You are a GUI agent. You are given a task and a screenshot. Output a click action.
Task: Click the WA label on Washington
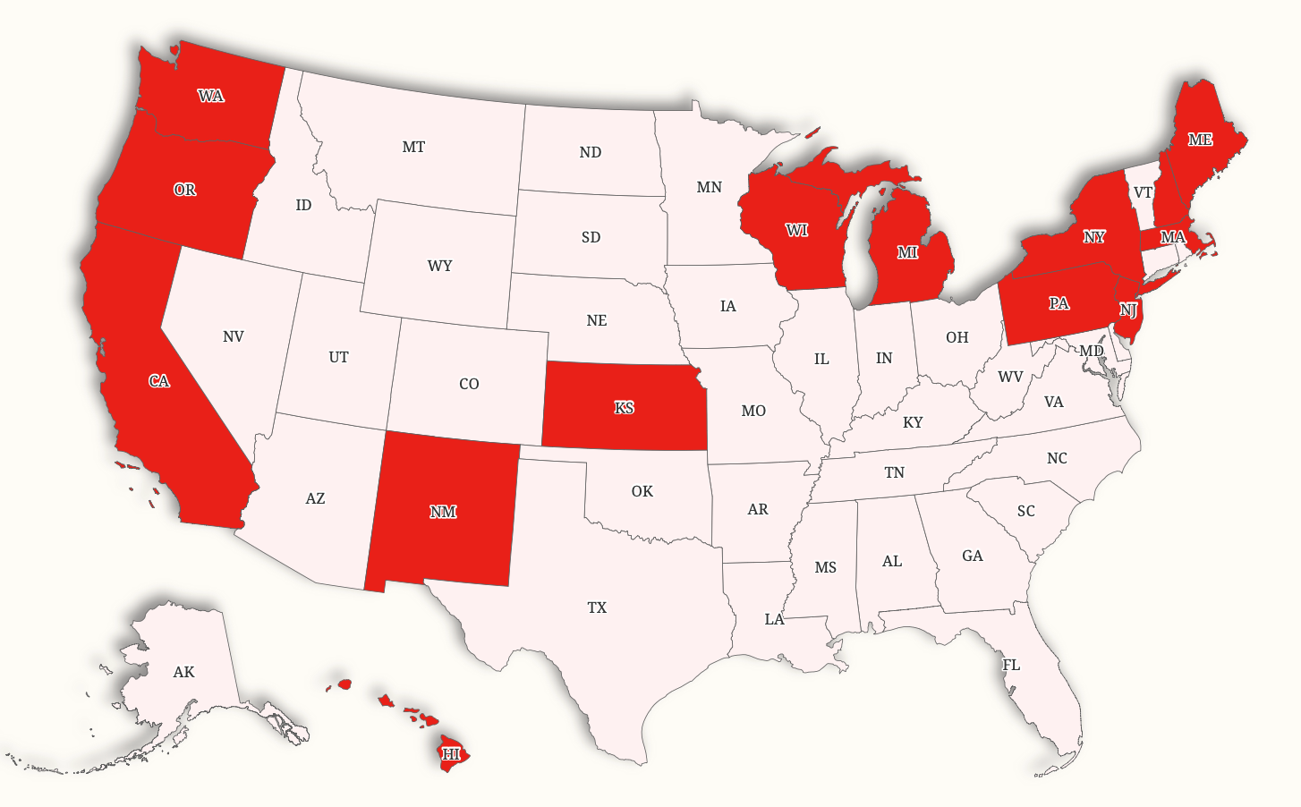[x=211, y=96]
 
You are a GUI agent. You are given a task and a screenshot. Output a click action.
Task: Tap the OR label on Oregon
[x=185, y=190]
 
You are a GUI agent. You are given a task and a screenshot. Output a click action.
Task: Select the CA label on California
[x=159, y=381]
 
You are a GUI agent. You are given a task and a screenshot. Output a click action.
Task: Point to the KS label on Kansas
[x=625, y=408]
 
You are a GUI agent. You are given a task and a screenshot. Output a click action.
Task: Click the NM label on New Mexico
[x=443, y=512]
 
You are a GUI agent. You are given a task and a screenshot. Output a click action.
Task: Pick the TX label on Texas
[x=597, y=607]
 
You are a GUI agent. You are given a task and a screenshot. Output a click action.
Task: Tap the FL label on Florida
[x=1011, y=665]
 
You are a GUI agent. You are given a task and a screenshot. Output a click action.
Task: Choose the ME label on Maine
[x=1200, y=140]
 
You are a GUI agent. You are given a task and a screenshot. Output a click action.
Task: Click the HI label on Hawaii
[x=451, y=754]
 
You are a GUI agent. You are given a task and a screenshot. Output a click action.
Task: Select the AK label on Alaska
[x=183, y=672]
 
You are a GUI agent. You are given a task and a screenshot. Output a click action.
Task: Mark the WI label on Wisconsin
[x=796, y=230]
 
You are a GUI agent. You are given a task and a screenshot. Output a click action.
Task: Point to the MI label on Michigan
[x=907, y=252]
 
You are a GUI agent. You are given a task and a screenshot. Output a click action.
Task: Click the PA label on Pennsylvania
[x=1059, y=303]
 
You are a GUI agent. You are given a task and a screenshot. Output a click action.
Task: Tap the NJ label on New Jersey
[x=1128, y=310]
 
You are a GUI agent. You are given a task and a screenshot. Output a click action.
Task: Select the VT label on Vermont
[x=1143, y=192]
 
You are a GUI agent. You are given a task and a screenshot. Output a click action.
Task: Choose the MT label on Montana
[x=413, y=147]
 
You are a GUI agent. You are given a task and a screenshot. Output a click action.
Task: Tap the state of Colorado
[x=469, y=403]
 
